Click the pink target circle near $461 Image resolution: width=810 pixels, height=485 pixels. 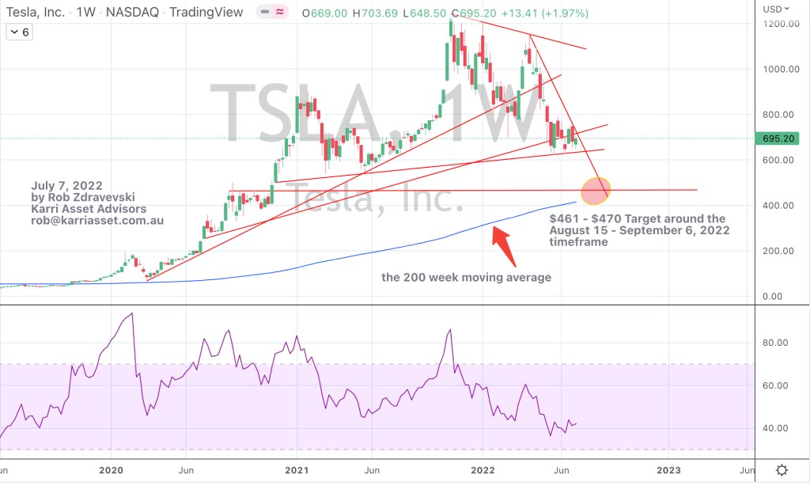coord(595,190)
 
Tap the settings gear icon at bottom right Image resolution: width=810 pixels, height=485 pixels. coord(782,469)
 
